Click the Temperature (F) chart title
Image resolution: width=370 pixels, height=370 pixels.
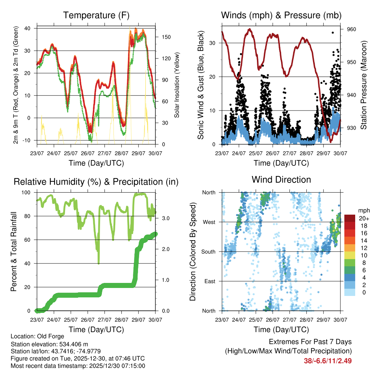[96, 15]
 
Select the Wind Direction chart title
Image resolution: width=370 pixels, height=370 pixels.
[281, 180]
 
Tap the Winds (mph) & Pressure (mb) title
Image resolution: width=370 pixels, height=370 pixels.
[281, 15]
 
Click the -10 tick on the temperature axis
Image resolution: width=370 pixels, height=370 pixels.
[28, 140]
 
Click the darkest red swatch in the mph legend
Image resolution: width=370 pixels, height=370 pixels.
[350, 218]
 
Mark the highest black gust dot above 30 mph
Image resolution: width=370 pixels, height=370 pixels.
[332, 33]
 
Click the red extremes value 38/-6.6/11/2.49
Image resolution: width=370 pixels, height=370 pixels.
[328, 361]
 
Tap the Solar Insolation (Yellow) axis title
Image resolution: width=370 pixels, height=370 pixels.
[177, 85]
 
